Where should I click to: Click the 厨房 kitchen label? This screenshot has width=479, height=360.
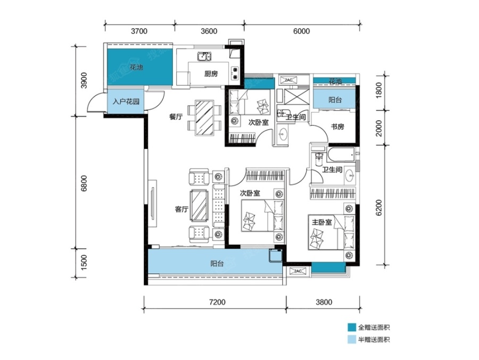[211, 73]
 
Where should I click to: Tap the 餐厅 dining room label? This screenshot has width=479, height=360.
[176, 116]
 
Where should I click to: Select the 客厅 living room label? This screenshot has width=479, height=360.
[181, 209]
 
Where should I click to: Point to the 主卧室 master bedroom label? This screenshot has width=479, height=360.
[321, 222]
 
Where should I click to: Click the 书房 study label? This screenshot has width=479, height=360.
[337, 127]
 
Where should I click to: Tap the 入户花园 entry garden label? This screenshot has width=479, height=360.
[126, 102]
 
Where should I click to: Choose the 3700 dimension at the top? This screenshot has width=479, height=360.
[139, 31]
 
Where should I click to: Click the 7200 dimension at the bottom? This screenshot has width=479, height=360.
[217, 302]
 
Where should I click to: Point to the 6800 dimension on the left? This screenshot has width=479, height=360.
[84, 183]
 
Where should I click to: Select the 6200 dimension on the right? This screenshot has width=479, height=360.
[378, 207]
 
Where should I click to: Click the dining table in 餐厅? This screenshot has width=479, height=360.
[204, 118]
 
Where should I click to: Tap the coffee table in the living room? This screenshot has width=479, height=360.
[199, 205]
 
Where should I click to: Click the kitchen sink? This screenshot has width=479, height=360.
[204, 56]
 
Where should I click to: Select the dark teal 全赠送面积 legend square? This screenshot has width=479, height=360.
[352, 328]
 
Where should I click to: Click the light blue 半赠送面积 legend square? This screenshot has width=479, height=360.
[352, 340]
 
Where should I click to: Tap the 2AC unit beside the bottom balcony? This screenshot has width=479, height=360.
[297, 271]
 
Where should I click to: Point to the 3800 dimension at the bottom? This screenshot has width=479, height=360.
[324, 302]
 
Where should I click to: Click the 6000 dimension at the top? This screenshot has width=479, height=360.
[302, 31]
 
